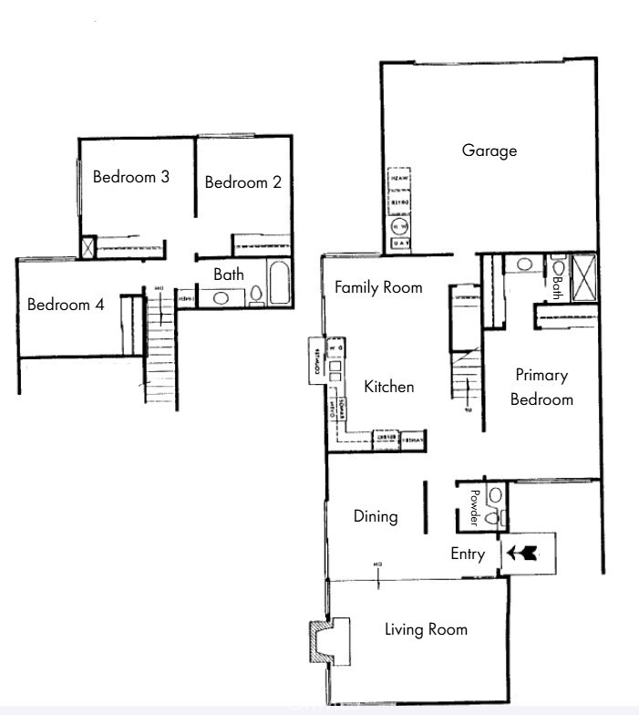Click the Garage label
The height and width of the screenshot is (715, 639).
[x=489, y=150]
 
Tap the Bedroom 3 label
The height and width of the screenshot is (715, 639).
[x=131, y=177]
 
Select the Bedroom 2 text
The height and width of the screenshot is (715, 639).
[x=242, y=182]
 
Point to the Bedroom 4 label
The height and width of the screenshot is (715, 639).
[x=65, y=305]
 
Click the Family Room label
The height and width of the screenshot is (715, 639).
[x=378, y=287]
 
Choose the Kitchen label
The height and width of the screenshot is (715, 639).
[x=389, y=387]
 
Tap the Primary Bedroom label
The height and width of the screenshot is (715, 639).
[x=541, y=387]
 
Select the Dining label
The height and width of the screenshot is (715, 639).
[x=376, y=516]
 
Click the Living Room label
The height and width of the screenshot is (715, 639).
[x=426, y=629]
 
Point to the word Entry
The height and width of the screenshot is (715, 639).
[x=468, y=554]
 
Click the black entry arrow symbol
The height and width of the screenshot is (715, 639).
[x=523, y=553]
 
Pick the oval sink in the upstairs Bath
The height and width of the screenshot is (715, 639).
[x=221, y=296]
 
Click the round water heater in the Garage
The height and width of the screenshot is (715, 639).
[x=399, y=226]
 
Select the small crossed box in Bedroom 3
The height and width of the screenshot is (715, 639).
[x=88, y=247]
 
